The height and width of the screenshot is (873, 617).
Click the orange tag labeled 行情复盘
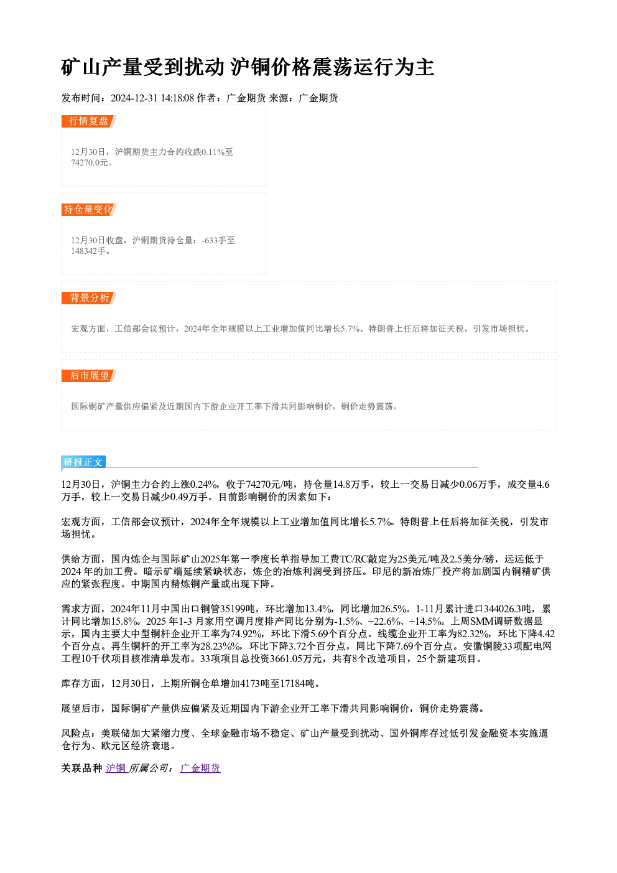pyautogui.click(x=89, y=121)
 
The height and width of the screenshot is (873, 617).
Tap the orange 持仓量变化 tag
pyautogui.click(x=89, y=210)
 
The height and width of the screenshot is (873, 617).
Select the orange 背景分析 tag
pyautogui.click(x=89, y=298)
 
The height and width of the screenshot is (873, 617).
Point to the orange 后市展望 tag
pyautogui.click(x=89, y=376)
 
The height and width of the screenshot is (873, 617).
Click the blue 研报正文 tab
pyautogui.click(x=83, y=462)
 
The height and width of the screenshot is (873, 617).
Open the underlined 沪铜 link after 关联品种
pyautogui.click(x=116, y=768)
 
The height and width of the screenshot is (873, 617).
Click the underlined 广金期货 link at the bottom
pyautogui.click(x=200, y=768)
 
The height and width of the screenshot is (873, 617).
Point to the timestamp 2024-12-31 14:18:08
pyautogui.click(x=152, y=98)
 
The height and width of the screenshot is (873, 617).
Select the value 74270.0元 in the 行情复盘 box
pyautogui.click(x=89, y=163)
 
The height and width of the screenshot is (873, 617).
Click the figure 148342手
pyautogui.click(x=88, y=251)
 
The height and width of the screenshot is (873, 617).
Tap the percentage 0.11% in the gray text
pyautogui.click(x=213, y=152)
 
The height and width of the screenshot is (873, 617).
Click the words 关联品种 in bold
pyautogui.click(x=81, y=768)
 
